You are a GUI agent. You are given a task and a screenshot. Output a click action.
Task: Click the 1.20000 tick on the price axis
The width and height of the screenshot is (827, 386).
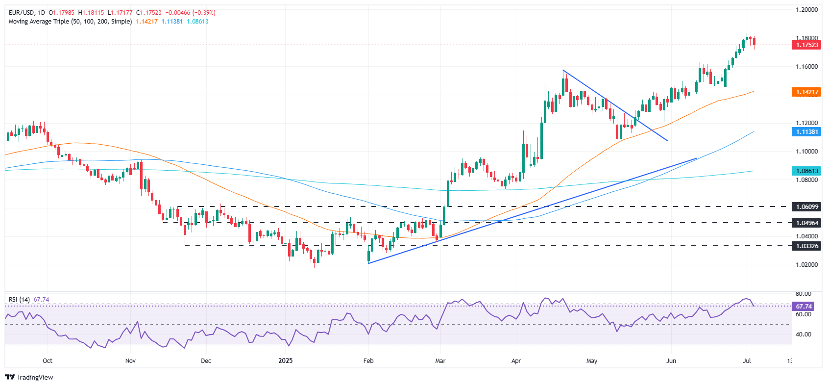[x=806, y=10]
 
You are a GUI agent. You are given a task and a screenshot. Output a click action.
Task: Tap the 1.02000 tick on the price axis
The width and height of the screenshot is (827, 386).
[x=806, y=265]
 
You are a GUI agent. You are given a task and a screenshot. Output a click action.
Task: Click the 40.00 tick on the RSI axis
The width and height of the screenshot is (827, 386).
[x=803, y=335]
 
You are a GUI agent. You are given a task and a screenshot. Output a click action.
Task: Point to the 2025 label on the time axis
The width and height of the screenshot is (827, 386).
[x=285, y=361]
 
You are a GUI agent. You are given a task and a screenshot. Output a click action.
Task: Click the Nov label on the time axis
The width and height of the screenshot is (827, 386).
[x=130, y=361]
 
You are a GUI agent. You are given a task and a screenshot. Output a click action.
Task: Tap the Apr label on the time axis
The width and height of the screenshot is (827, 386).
[x=516, y=361]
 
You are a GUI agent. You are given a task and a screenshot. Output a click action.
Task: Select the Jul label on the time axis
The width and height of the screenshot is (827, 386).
[x=747, y=361]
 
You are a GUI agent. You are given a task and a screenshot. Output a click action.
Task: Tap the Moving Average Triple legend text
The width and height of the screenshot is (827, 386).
[x=70, y=22]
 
